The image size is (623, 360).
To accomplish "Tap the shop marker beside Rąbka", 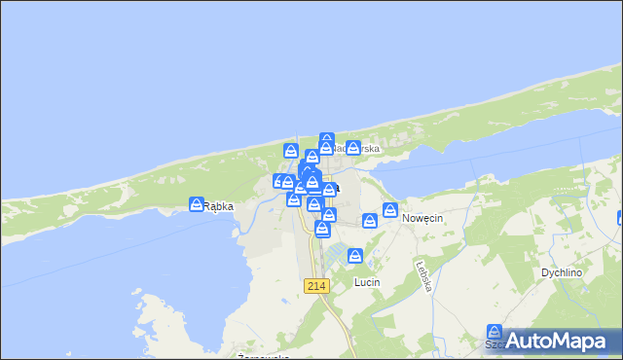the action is click(x=196, y=204).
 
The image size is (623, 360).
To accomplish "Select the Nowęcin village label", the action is click(x=422, y=219).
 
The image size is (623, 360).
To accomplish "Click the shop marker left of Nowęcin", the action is click(x=390, y=210).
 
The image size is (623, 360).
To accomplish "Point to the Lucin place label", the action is click(x=367, y=282).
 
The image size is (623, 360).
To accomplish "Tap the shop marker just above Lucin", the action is click(x=355, y=257).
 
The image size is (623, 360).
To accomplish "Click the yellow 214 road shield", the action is click(x=316, y=285).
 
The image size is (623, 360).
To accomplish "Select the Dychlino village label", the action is click(x=562, y=273).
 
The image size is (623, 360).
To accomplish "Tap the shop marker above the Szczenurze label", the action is click(x=495, y=333).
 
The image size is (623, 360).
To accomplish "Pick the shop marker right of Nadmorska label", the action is click(x=353, y=148).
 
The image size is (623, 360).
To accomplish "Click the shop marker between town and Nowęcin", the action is click(x=370, y=221).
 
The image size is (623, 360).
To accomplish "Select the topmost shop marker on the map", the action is click(x=327, y=140).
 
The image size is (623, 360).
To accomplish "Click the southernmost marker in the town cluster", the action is click(x=322, y=229).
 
